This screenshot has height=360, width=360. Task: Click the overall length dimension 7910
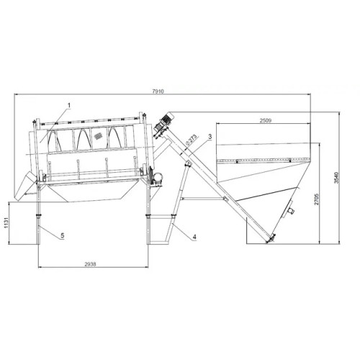[x=158, y=91]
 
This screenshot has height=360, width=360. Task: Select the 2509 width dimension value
[x=266, y=120]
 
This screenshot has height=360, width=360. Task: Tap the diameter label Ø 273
[x=192, y=140]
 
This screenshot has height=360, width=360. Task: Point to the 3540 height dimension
[x=336, y=178]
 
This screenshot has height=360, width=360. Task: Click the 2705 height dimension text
[x=317, y=199]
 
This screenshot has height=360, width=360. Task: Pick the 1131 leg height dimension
[x=6, y=223]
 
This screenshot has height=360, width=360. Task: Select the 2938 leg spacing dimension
[x=90, y=264]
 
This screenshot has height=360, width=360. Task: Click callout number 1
[x=69, y=105]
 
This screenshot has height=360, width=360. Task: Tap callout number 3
[x=210, y=137]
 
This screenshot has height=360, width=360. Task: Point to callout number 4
[x=194, y=237]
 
